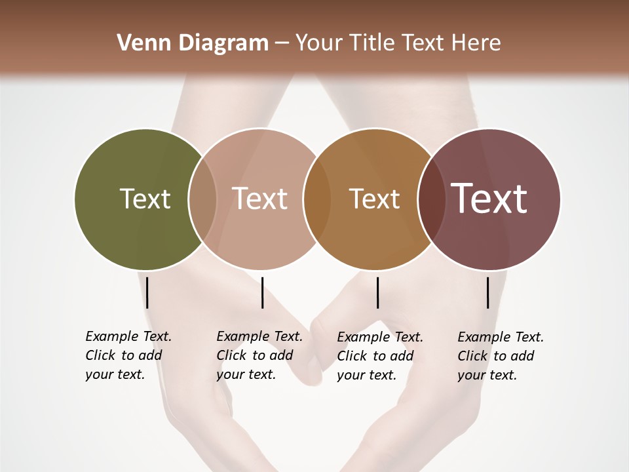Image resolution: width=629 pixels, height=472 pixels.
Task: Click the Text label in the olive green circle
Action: coord(145,199)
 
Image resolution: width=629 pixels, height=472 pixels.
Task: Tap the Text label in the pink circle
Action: coord(260,199)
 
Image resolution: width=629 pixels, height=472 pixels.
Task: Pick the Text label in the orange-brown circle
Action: coord(374,199)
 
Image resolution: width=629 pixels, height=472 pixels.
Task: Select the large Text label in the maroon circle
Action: coord(489,199)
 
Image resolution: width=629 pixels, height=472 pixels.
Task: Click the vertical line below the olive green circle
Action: coord(147,292)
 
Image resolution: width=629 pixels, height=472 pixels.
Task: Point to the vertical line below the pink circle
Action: coord(262,292)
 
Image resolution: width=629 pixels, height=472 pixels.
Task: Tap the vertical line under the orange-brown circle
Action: coord(377,292)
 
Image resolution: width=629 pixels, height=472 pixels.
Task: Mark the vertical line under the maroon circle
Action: coord(488,292)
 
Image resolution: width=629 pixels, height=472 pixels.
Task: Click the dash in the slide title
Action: coord(282,43)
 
